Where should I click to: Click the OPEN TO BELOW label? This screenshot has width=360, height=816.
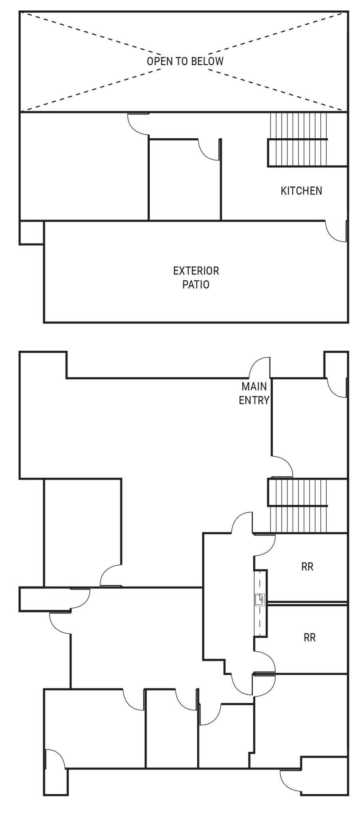click(185, 61)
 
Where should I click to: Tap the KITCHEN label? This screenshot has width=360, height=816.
click(301, 191)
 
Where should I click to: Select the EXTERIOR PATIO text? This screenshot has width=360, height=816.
click(196, 278)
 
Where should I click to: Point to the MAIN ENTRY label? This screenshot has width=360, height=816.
click(254, 393)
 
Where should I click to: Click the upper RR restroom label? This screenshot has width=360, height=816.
click(307, 567)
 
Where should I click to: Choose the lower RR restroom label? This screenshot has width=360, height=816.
click(310, 637)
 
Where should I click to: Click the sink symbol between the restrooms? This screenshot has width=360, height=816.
click(260, 599)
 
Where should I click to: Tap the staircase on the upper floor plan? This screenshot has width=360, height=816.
click(297, 139)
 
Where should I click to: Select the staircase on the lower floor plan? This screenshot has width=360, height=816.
click(297, 506)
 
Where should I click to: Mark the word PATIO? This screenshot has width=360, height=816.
click(196, 284)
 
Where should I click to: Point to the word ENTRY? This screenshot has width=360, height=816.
click(254, 400)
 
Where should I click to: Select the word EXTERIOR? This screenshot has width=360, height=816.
click(196, 271)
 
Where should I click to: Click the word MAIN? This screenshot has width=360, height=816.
click(254, 386)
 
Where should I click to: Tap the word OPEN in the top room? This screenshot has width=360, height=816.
click(158, 61)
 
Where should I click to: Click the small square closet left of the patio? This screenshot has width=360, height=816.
click(32, 232)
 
